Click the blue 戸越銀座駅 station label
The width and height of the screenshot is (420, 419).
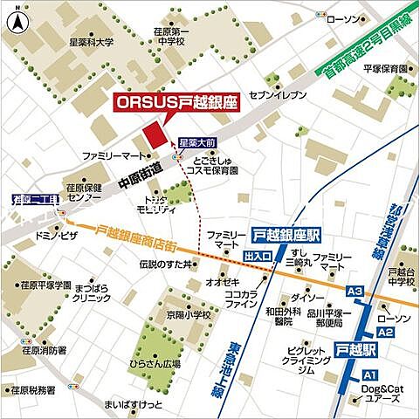286,235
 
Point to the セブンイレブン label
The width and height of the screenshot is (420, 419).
277,93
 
